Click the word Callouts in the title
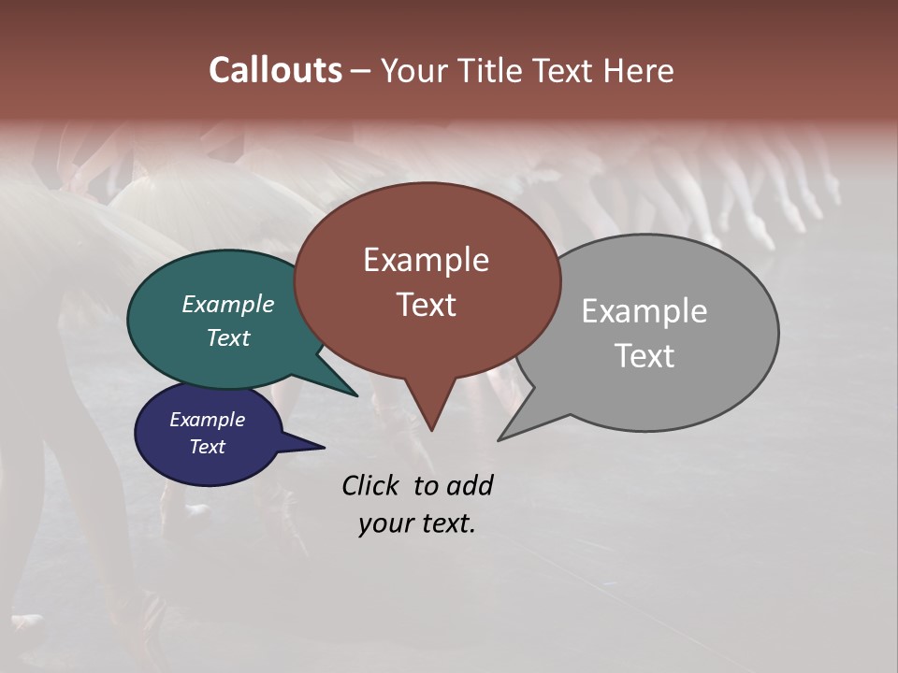pyautogui.click(x=275, y=70)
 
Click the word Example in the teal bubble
pyautogui.click(x=228, y=304)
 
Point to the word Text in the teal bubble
pyautogui.click(x=228, y=337)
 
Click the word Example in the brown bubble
pyautogui.click(x=426, y=260)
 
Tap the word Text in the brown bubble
pyautogui.click(x=426, y=305)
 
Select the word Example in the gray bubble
pyautogui.click(x=645, y=311)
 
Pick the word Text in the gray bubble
pyautogui.click(x=645, y=356)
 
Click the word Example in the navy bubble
pyautogui.click(x=208, y=420)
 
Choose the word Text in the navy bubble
pyautogui.click(x=208, y=447)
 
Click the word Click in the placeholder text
pyautogui.click(x=372, y=485)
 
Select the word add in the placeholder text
pyautogui.click(x=470, y=485)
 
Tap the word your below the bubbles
pyautogui.click(x=385, y=523)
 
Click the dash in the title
pyautogui.click(x=361, y=71)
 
